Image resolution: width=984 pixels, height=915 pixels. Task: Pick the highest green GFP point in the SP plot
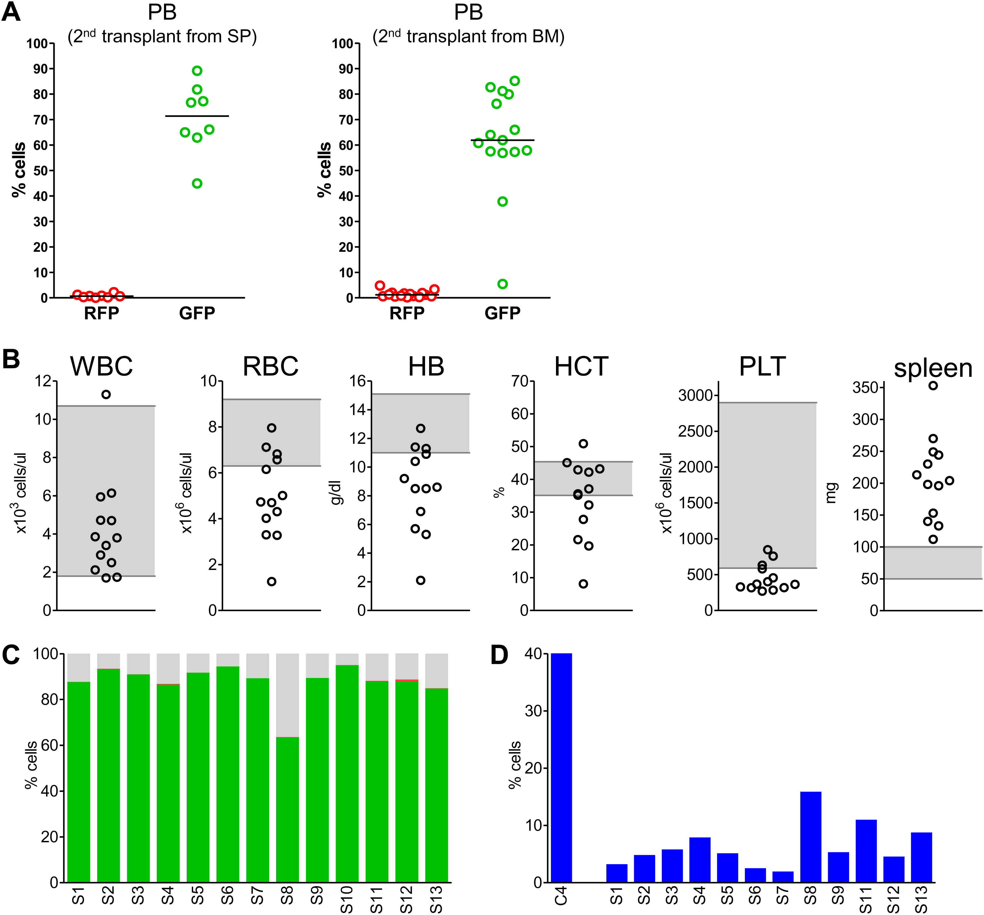point(197,71)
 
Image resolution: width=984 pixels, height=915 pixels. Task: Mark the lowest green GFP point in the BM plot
point(502,284)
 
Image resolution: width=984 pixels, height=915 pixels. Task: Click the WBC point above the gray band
point(106,394)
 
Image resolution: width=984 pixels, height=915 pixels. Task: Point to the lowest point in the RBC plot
point(271,582)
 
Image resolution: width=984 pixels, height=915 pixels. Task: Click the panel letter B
point(11,359)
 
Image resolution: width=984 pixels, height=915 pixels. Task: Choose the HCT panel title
point(581,367)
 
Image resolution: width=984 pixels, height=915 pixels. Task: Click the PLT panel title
point(762,367)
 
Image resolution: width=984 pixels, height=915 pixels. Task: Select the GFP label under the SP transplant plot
point(197,313)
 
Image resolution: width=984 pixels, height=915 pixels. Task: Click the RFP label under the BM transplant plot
point(407,313)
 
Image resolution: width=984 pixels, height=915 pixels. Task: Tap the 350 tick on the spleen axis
point(865,388)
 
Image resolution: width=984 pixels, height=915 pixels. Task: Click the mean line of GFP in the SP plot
point(197,116)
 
